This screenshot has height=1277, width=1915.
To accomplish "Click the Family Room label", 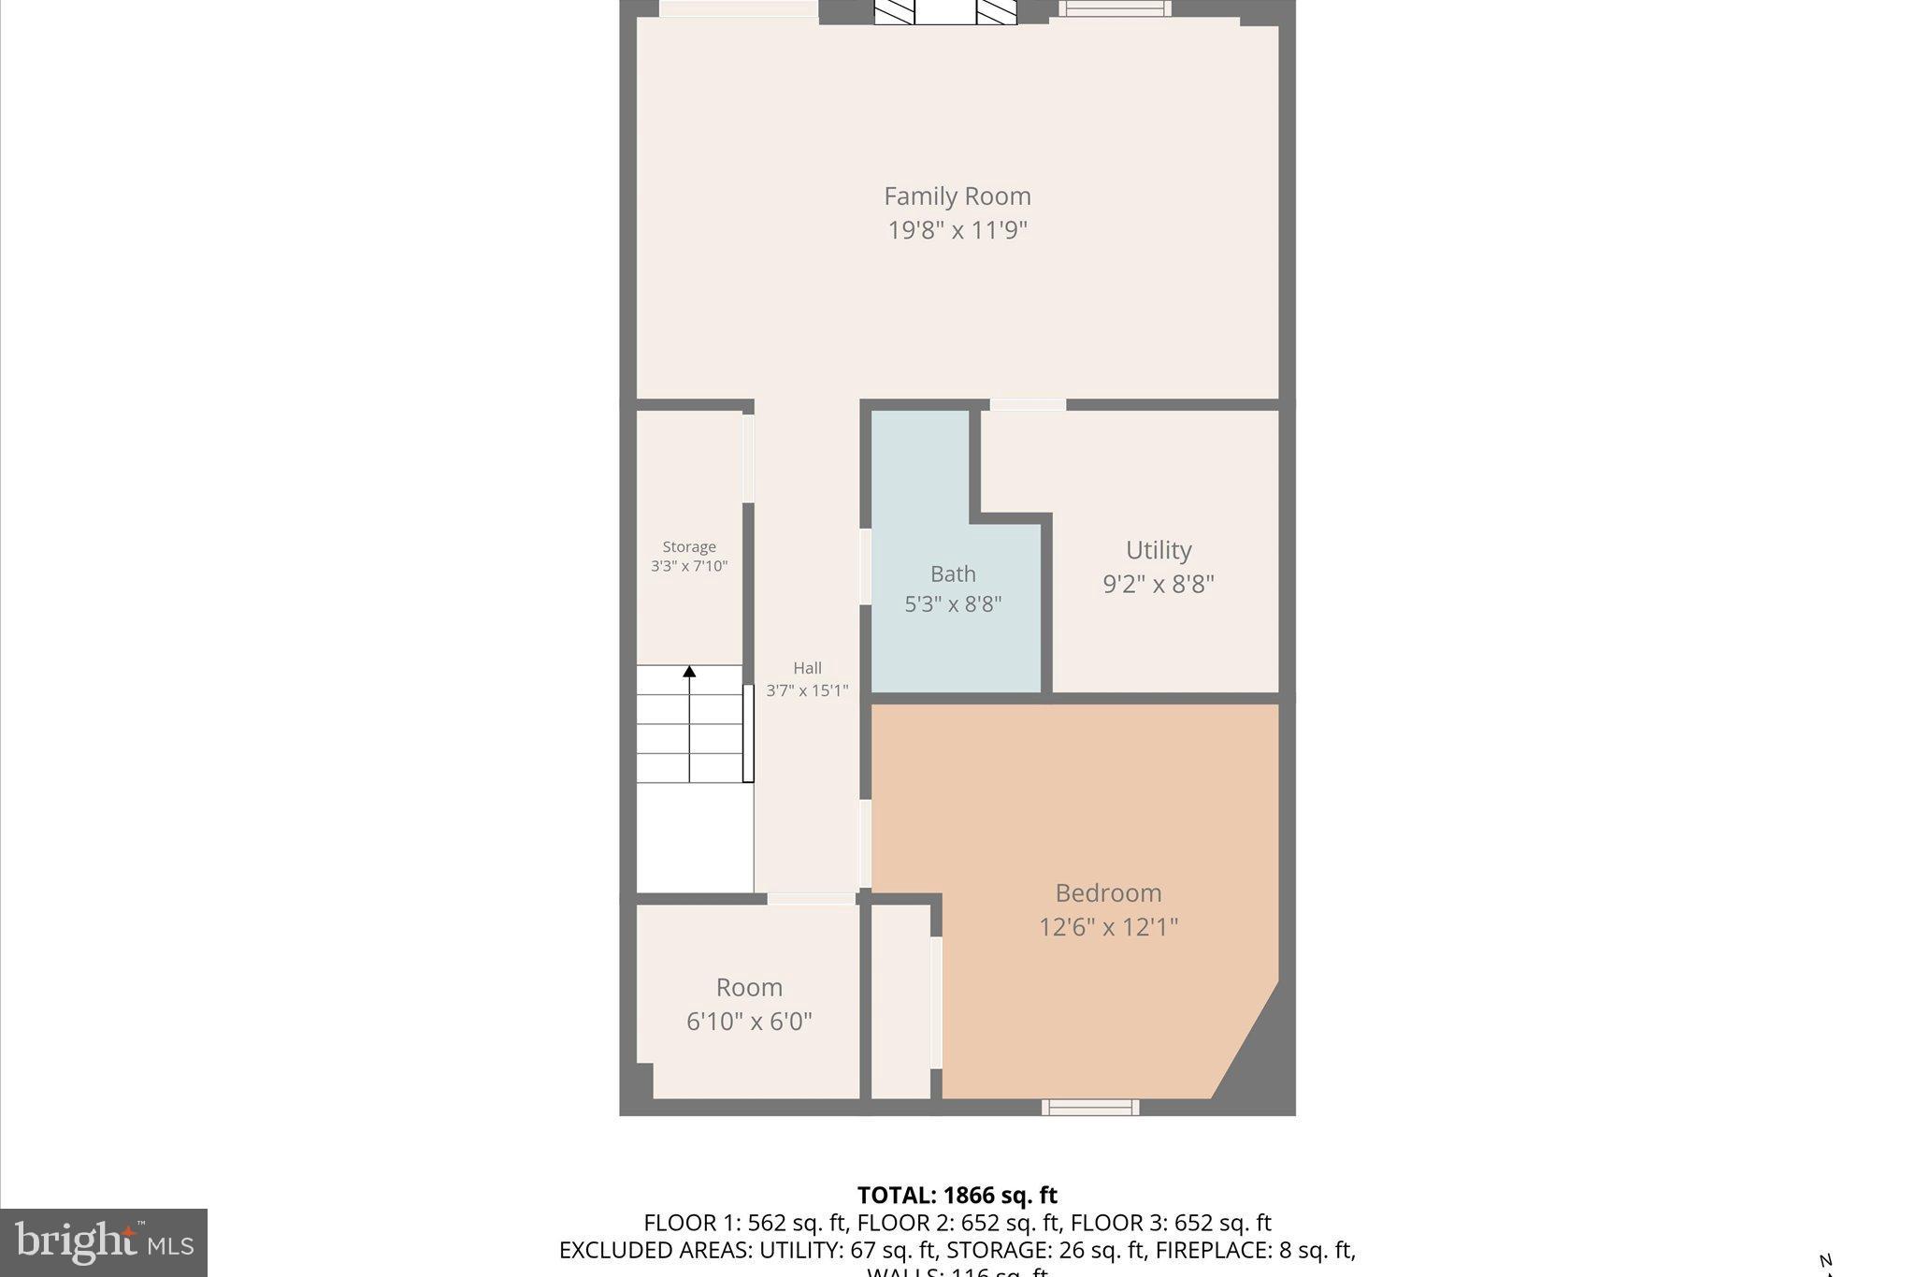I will click(x=957, y=196).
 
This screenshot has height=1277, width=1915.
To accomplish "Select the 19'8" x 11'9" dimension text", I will click(x=957, y=230).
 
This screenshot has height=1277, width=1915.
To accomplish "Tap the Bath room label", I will click(x=952, y=573).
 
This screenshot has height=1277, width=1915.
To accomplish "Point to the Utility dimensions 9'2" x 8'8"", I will click(x=1158, y=584).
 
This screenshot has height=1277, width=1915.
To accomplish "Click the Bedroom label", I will click(x=1108, y=892).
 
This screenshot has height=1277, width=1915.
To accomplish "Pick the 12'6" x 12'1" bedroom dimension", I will click(x=1108, y=927).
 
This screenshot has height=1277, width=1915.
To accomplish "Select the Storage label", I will click(x=689, y=547).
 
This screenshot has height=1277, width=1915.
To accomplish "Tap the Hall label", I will click(x=807, y=668).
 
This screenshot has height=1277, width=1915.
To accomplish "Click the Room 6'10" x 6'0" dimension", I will click(x=749, y=1022).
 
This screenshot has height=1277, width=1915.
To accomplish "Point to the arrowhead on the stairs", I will click(x=689, y=671).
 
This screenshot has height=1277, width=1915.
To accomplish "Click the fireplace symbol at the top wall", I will click(x=944, y=11).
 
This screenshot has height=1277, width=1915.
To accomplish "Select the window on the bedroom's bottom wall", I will click(x=1090, y=1108).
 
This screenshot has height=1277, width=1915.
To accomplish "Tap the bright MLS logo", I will click(x=104, y=1242).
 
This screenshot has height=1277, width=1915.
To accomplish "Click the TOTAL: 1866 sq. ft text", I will click(x=957, y=1196).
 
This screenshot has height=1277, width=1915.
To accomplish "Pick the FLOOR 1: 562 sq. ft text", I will click(x=745, y=1223).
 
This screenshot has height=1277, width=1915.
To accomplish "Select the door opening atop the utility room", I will click(x=1028, y=405).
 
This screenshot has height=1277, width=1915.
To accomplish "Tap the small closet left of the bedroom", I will click(x=900, y=1001).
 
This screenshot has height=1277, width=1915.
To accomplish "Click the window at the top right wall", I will click(x=1114, y=9).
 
